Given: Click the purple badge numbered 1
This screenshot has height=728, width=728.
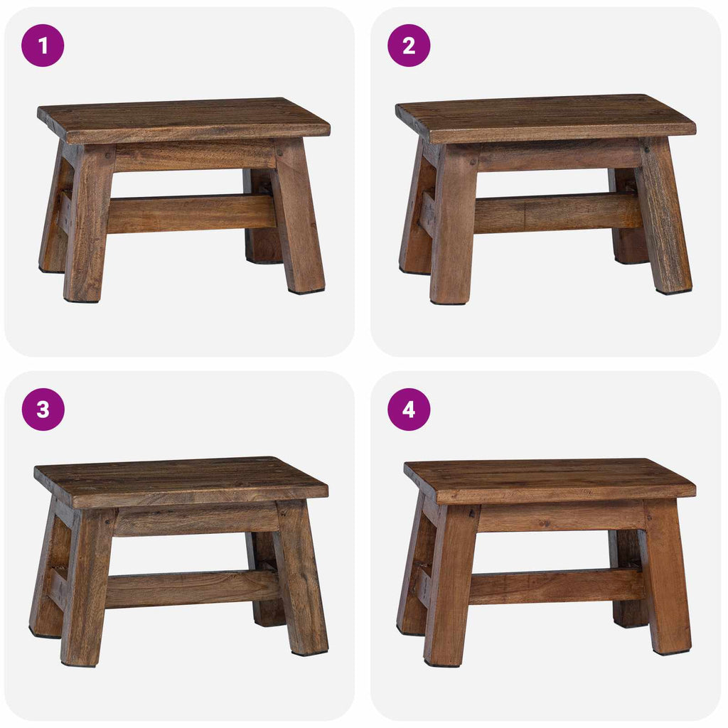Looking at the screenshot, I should (x=43, y=45).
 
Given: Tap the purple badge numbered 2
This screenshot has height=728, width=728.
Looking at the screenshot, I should (x=409, y=45).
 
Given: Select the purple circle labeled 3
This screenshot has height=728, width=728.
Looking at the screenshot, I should (x=43, y=409).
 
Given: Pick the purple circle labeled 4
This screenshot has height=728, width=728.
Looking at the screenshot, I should (x=409, y=409).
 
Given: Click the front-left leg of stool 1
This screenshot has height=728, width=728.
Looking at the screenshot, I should (x=87, y=227).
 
